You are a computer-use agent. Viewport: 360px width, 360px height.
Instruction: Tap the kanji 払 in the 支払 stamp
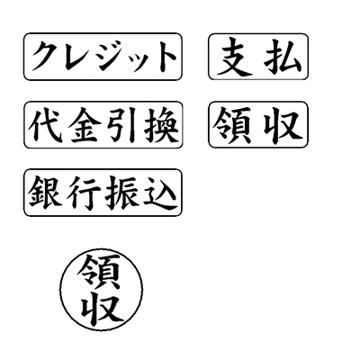[283, 57]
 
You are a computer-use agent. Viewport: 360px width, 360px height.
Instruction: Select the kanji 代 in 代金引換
[46, 125]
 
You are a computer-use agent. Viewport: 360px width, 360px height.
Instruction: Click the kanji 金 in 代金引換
[84, 125]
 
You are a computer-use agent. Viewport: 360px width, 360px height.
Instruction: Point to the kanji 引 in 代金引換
[121, 125]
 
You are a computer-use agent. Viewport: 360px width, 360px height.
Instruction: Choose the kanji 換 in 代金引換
[161, 125]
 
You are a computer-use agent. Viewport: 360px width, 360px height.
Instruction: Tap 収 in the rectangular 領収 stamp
[283, 125]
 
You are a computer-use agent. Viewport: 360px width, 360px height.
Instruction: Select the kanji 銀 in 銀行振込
[45, 192]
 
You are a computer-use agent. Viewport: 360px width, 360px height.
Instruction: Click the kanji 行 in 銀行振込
[84, 193]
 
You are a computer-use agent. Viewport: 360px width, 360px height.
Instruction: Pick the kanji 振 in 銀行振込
[122, 193]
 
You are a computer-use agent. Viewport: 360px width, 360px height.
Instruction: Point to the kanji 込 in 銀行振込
[160, 193]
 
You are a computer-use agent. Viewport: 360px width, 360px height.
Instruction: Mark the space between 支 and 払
[258, 57]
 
